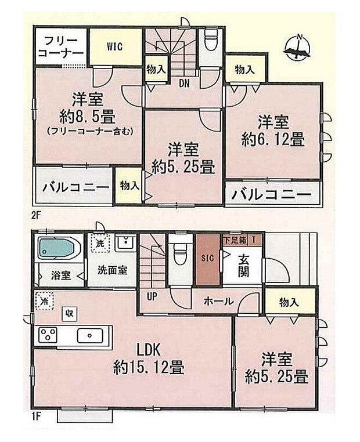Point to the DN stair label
(184, 84)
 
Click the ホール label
(219, 302)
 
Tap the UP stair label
(152, 296)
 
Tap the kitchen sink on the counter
(89, 335)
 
